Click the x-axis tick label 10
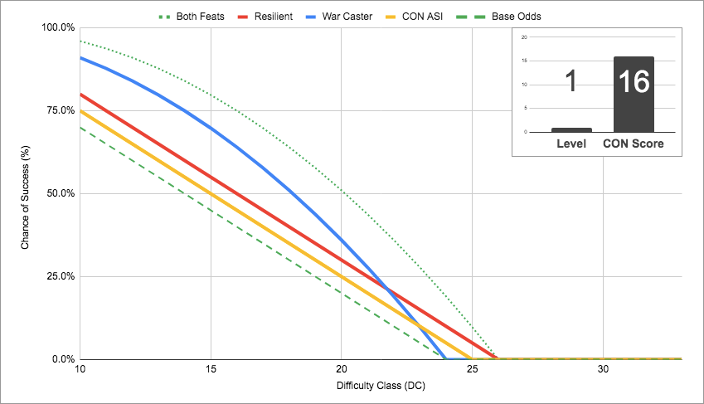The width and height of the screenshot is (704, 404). [x=80, y=369]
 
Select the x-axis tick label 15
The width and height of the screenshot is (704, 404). [x=211, y=369]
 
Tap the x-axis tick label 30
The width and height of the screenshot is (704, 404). [x=603, y=369]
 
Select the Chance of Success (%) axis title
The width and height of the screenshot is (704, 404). [x=26, y=193]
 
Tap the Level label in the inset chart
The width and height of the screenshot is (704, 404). [x=570, y=144]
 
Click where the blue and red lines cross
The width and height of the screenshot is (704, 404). [x=387, y=289]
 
